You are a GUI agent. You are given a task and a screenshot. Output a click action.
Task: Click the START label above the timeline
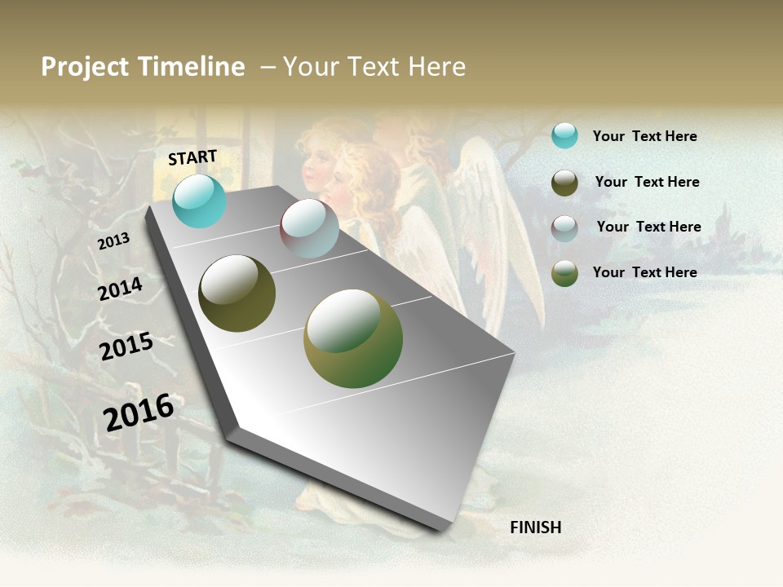click(192, 157)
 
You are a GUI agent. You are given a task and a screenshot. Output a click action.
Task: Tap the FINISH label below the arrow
click(535, 527)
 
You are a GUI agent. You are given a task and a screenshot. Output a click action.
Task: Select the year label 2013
click(113, 241)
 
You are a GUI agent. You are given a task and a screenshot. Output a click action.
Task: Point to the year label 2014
click(120, 289)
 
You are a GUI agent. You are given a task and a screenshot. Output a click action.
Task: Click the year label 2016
click(139, 412)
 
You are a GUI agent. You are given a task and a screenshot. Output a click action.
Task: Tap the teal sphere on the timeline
click(199, 201)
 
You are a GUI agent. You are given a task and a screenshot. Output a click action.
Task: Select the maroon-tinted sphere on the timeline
click(309, 228)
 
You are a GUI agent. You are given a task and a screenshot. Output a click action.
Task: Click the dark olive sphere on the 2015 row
click(237, 293)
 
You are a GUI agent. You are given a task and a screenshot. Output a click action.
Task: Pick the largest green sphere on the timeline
click(353, 338)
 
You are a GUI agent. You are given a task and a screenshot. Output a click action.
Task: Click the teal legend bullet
click(564, 135)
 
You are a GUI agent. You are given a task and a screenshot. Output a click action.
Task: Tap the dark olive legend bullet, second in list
click(564, 183)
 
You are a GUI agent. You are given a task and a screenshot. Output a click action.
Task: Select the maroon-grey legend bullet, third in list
click(564, 228)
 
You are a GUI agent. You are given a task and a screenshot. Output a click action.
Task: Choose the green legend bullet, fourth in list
click(564, 273)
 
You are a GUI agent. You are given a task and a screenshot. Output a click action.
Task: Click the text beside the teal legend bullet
click(644, 136)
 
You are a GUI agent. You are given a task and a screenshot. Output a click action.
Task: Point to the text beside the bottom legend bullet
click(644, 272)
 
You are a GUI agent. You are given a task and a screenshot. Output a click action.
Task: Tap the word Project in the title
click(85, 68)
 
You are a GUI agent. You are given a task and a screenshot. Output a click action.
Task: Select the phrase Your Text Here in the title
click(374, 67)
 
